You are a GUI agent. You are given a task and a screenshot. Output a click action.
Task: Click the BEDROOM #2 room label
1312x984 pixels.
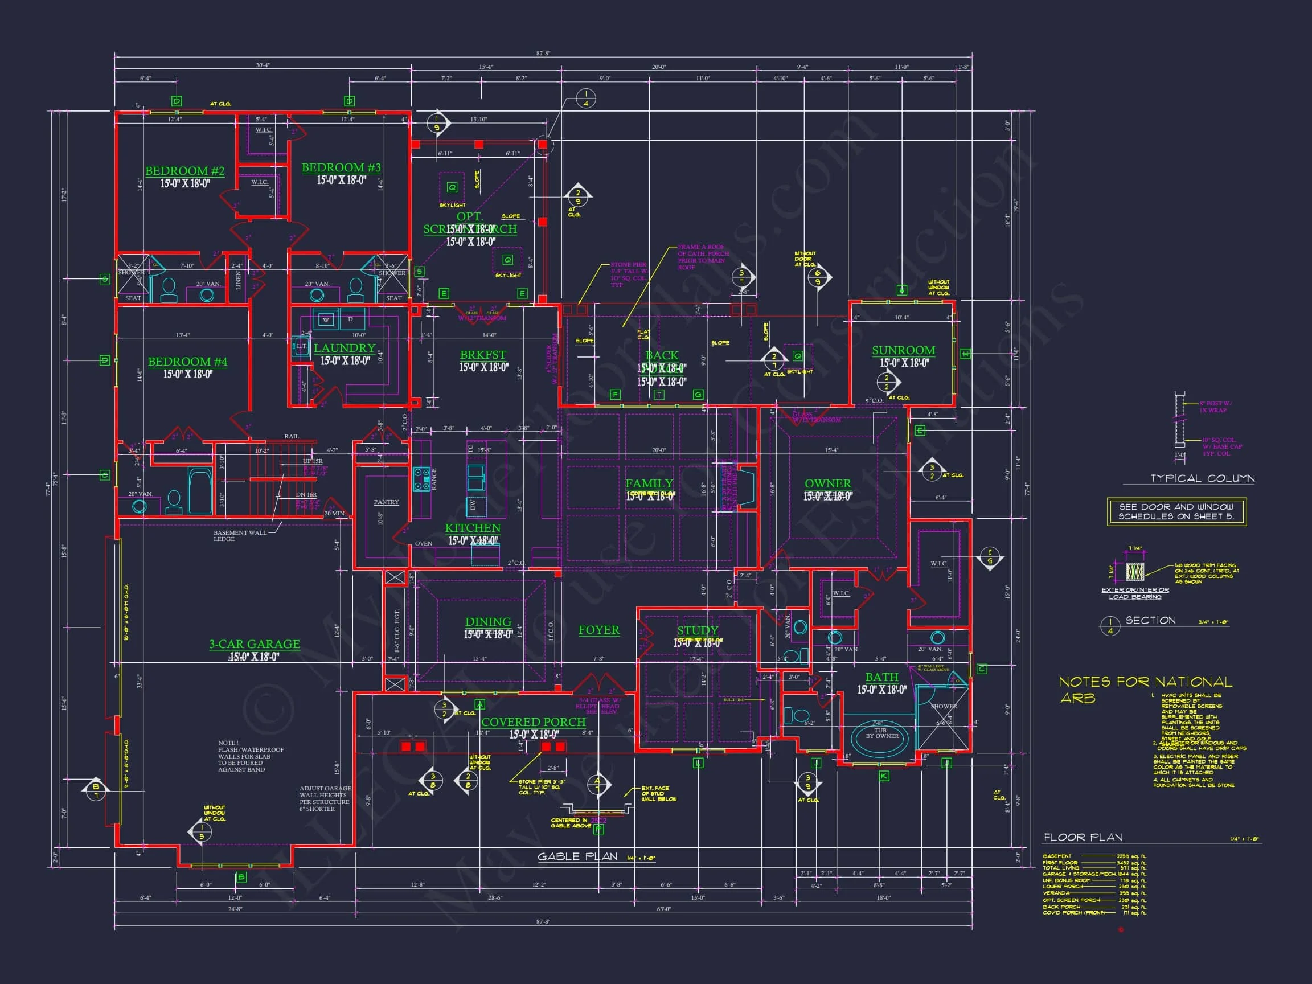184,171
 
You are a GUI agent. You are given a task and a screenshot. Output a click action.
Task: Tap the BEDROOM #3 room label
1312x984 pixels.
341,168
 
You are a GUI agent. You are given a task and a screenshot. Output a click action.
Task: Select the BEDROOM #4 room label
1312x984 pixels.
187,361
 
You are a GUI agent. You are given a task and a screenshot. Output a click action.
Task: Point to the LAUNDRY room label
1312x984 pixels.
345,348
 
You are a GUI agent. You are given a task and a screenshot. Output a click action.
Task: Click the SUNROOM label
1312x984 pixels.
903,351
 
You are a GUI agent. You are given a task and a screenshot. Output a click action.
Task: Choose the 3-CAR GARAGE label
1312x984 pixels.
254,644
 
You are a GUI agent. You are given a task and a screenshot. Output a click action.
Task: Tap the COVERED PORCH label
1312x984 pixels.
533,722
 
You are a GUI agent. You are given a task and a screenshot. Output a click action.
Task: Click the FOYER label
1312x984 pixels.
599,630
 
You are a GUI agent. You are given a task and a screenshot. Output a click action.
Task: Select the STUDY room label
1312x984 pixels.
698,630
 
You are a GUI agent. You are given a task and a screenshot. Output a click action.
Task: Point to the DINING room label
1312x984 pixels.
488,622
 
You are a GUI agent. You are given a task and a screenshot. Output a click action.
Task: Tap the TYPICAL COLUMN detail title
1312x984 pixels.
1202,478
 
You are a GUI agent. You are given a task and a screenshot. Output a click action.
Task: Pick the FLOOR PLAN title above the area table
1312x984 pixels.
1083,838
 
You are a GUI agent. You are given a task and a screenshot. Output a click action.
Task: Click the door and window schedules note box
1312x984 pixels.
1177,511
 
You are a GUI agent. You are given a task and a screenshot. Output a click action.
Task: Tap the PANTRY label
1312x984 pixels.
386,502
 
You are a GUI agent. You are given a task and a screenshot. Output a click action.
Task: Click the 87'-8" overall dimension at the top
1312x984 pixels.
543,54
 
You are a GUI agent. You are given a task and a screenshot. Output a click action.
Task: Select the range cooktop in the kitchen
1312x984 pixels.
422,479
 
